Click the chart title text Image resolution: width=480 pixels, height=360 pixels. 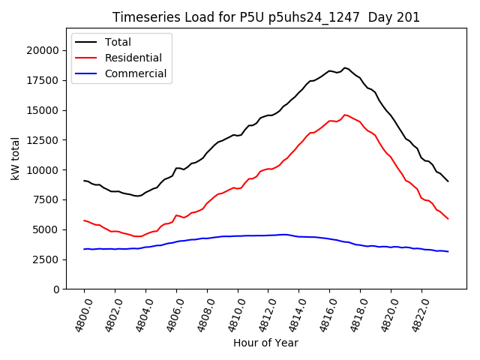[x=265, y=17]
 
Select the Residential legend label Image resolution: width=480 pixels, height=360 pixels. [x=133, y=58]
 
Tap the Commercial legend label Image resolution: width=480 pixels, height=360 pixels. [x=136, y=74]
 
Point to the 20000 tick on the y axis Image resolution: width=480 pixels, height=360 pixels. [x=43, y=50]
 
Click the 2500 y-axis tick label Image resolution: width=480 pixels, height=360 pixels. [x=46, y=259]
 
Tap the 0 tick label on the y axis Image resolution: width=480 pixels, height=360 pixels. [x=55, y=289]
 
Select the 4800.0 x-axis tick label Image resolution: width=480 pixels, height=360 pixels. [x=79, y=314]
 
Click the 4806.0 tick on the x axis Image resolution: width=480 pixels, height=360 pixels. [x=171, y=314]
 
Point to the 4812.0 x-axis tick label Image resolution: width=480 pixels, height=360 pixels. [x=262, y=314]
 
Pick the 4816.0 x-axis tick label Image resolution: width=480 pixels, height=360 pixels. [x=324, y=314]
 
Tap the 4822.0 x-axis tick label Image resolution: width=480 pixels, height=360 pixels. [x=416, y=314]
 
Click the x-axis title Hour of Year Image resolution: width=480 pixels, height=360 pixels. [x=265, y=343]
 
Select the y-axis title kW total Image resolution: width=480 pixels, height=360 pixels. [x=15, y=158]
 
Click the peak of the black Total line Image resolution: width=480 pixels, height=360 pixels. [x=345, y=68]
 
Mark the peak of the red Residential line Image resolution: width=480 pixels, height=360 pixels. [x=345, y=115]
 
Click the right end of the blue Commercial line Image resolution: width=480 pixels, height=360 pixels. [x=448, y=251]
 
